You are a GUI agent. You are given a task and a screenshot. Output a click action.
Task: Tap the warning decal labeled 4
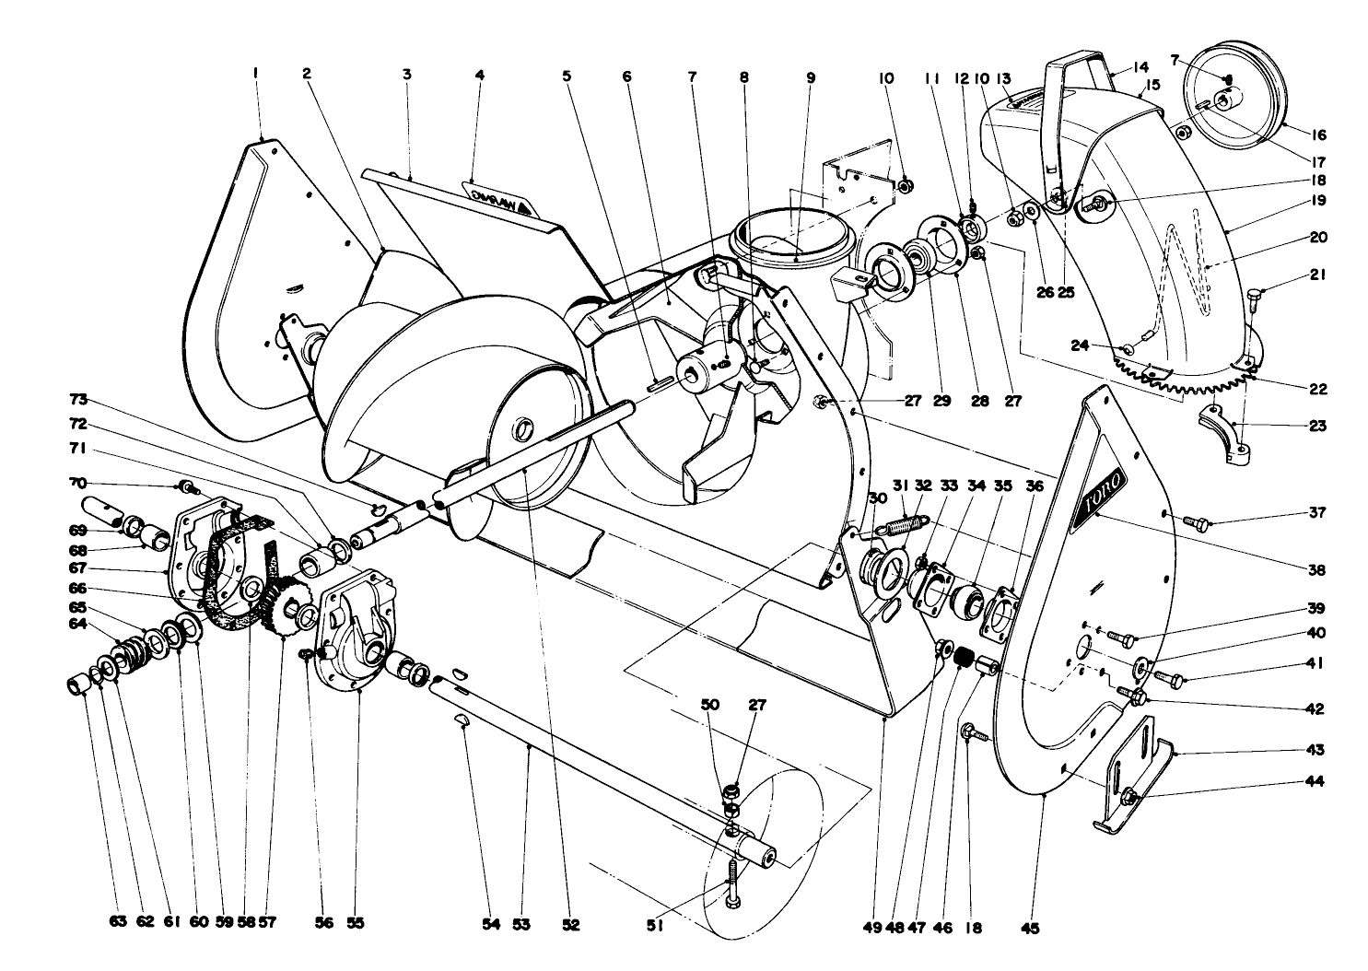click(498, 201)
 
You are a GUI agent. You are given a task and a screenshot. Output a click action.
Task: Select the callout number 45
click(1030, 929)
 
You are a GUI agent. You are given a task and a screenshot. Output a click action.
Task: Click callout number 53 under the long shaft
click(521, 926)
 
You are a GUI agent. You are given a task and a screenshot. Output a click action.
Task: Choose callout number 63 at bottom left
click(118, 926)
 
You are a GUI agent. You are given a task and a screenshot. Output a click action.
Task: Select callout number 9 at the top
click(811, 78)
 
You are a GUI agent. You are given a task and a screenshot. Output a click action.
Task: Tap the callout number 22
click(1318, 389)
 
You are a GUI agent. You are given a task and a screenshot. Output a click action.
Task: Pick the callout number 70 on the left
click(76, 482)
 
